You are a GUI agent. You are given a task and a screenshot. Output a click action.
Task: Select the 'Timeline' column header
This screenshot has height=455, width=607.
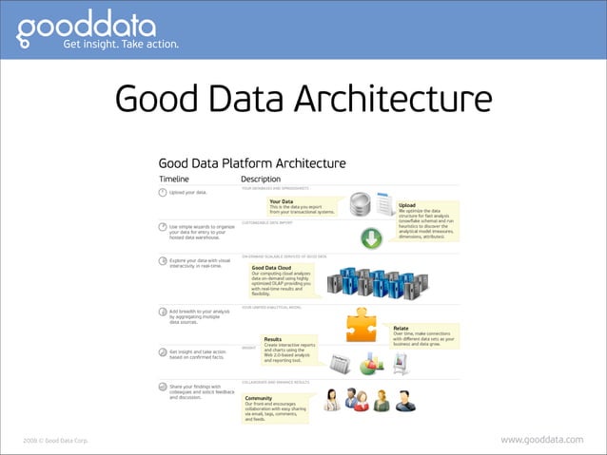[x=174, y=179]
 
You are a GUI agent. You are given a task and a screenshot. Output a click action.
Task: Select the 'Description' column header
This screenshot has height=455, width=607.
[x=261, y=179]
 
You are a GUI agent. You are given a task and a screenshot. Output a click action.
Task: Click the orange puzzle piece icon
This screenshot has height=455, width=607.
[x=365, y=323]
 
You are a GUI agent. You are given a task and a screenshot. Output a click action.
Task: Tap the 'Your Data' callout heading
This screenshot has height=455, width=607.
[x=281, y=201]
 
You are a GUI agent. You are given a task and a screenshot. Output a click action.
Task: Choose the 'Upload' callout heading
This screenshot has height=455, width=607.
[x=406, y=204]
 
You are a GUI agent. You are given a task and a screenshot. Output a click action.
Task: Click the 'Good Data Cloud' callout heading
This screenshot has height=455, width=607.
[x=271, y=268]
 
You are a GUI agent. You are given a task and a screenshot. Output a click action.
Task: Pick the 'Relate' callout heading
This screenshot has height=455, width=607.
[x=401, y=328]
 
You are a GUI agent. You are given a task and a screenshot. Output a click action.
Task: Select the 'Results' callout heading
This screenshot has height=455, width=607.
[x=272, y=338]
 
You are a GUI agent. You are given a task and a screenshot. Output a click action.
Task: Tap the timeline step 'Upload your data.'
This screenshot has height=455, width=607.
[x=188, y=193]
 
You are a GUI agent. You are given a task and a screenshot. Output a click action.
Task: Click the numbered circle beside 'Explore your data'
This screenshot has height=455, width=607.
[x=163, y=259]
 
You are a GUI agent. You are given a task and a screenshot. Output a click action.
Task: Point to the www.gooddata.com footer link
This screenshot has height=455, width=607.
[x=541, y=440]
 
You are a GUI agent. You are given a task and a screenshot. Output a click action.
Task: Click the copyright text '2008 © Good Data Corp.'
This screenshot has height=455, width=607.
[x=55, y=441]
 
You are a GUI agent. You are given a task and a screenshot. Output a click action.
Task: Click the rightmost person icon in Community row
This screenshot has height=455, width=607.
[x=406, y=400]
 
